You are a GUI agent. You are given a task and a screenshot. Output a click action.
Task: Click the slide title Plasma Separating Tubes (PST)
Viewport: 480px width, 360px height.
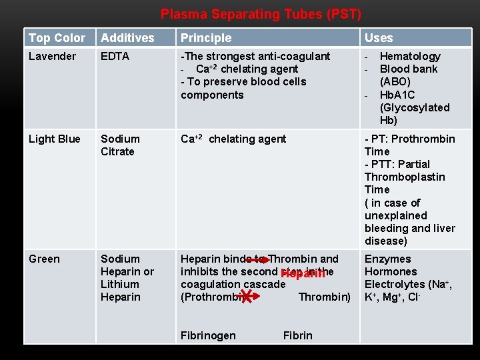pyautogui.click(x=261, y=14)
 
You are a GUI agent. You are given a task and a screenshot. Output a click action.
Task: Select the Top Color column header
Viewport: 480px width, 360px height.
pyautogui.click(x=57, y=38)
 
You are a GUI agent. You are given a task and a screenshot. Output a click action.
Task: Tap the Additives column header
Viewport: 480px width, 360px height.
pyautogui.click(x=127, y=38)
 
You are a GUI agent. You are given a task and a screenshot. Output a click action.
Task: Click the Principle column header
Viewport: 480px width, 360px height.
pyautogui.click(x=206, y=38)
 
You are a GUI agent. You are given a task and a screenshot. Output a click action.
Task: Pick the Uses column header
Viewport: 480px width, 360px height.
pyautogui.click(x=379, y=38)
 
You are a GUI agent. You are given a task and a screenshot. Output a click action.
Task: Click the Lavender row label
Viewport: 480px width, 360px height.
pyautogui.click(x=52, y=57)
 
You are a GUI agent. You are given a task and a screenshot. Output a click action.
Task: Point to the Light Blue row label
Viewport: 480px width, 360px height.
pyautogui.click(x=54, y=139)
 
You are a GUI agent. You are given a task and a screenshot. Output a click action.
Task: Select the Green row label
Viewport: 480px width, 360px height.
pyautogui.click(x=44, y=259)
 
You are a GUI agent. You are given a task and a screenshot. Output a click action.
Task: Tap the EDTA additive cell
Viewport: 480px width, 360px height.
pyautogui.click(x=115, y=57)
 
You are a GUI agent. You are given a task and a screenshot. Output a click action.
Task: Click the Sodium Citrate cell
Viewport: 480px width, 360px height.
pyautogui.click(x=120, y=145)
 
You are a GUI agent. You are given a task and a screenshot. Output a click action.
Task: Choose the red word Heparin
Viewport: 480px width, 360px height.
pyautogui.click(x=303, y=273)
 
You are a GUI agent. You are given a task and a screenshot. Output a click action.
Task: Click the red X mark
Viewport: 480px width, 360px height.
pyautogui.click(x=246, y=295)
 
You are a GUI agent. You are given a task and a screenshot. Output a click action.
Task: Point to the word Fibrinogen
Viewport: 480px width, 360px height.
pyautogui.click(x=208, y=335)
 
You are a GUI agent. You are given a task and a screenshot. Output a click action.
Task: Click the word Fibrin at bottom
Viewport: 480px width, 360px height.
pyautogui.click(x=297, y=335)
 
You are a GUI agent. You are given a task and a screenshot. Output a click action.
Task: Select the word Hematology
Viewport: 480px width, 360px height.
pyautogui.click(x=410, y=57)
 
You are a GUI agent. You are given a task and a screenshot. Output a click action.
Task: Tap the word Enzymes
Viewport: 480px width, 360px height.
pyautogui.click(x=388, y=259)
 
